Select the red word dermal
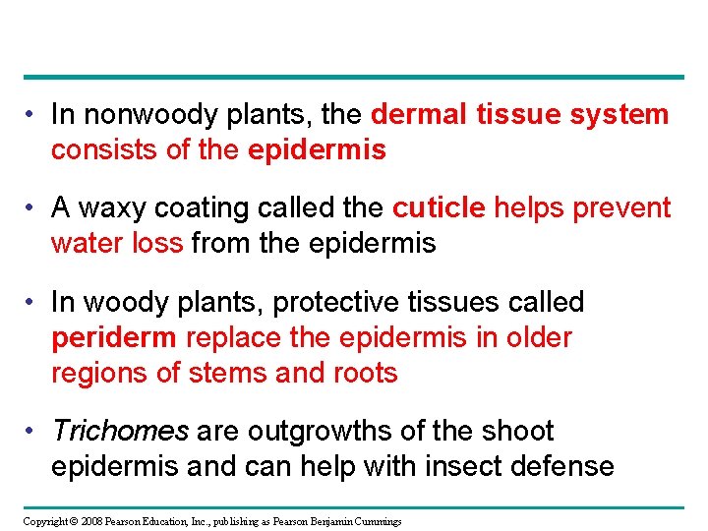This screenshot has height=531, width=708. pyautogui.click(x=420, y=115)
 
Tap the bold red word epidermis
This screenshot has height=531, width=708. pyautogui.click(x=317, y=150)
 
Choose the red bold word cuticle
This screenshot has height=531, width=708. pyautogui.click(x=439, y=207)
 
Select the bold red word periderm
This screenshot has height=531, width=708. pyautogui.click(x=114, y=337)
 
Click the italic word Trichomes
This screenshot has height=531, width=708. pyautogui.click(x=119, y=431)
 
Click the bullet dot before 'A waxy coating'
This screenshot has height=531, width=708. pyautogui.click(x=32, y=207)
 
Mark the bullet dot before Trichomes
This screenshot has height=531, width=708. pyautogui.click(x=32, y=431)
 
